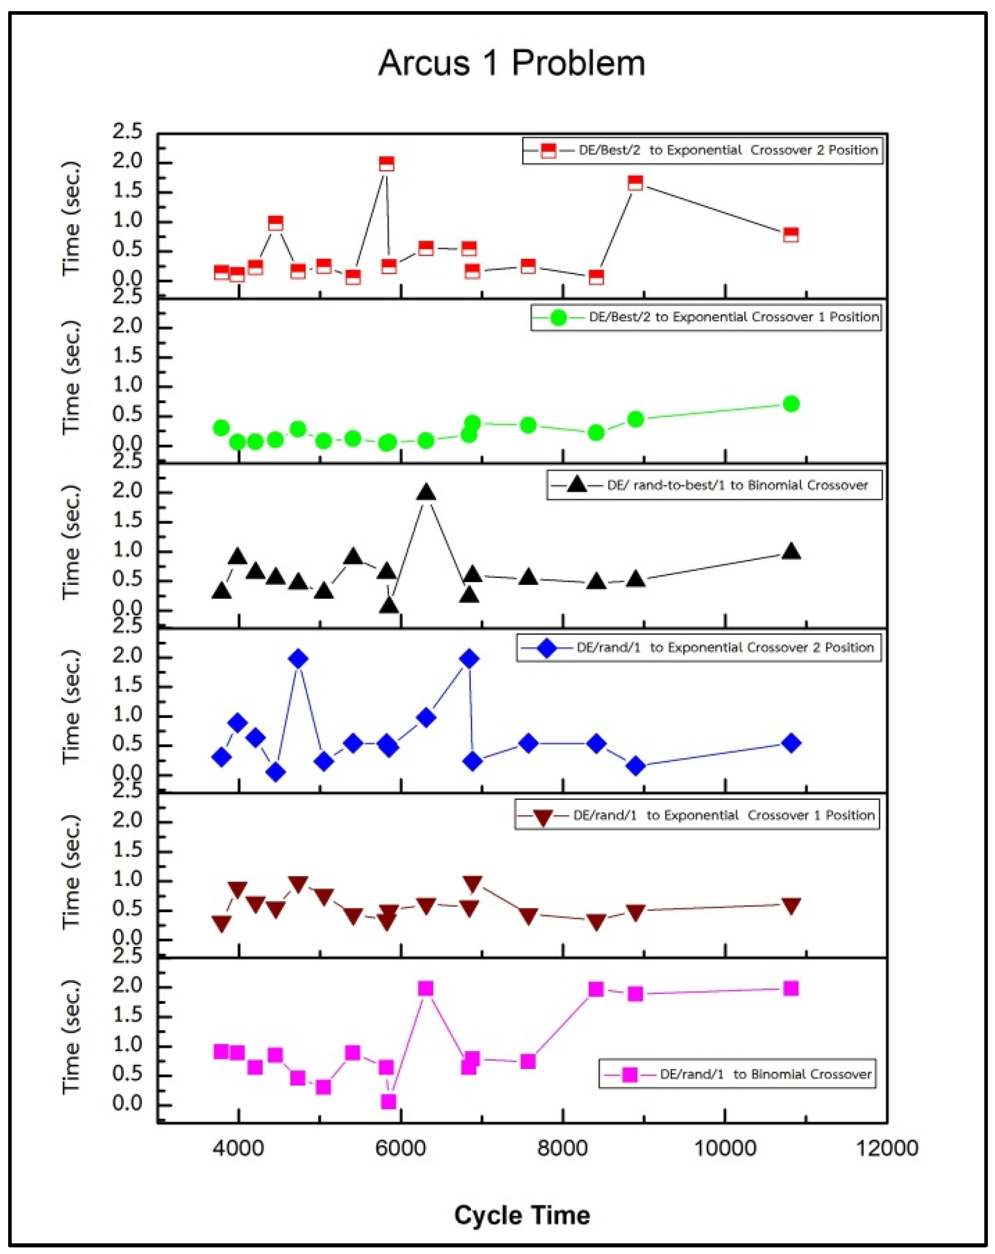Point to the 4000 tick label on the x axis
[238, 1148]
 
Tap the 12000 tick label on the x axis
[887, 1148]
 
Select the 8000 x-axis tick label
[562, 1148]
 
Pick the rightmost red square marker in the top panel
[790, 235]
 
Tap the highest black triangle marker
[426, 493]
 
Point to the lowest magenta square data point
[388, 1101]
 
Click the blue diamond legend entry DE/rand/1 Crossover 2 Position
[699, 648]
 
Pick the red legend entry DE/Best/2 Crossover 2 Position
[702, 151]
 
